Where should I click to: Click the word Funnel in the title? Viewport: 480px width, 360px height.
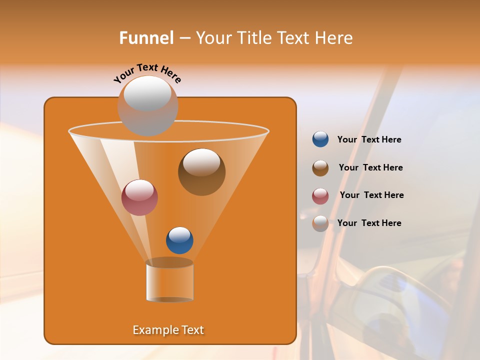(x=146, y=38)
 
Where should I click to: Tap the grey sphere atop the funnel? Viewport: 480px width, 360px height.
(x=147, y=106)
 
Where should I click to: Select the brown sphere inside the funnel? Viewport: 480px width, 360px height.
(x=201, y=172)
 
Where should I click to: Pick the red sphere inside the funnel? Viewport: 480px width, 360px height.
(x=139, y=197)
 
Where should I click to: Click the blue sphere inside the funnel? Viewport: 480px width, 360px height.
(x=179, y=240)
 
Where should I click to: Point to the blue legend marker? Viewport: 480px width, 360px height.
(x=320, y=139)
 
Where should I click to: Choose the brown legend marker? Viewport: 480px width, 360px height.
(x=320, y=168)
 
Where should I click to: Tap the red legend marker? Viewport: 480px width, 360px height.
(x=320, y=196)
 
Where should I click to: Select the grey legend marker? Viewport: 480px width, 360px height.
(x=320, y=223)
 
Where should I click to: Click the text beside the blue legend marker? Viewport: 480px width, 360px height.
(x=369, y=139)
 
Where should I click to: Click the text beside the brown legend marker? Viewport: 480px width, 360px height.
(x=370, y=167)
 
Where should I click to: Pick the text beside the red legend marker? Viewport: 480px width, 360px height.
(x=371, y=195)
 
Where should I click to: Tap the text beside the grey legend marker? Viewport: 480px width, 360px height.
(x=369, y=223)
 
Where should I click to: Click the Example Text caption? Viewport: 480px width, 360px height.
(x=168, y=330)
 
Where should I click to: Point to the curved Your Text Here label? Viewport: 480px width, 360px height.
(x=147, y=72)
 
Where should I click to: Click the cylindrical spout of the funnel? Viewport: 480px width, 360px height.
(x=169, y=282)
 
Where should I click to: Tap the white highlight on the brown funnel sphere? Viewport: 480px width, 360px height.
(x=201, y=162)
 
